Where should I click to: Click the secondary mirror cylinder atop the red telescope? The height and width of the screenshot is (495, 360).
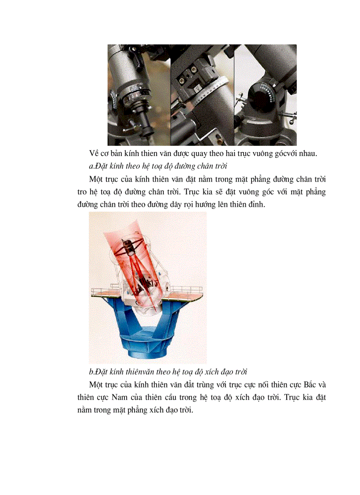pos(128,249)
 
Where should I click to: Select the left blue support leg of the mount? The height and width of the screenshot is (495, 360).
pos(126,322)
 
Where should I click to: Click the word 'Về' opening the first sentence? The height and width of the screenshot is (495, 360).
pos(94,153)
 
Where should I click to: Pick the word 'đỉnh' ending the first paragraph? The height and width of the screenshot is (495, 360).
pos(255,205)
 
